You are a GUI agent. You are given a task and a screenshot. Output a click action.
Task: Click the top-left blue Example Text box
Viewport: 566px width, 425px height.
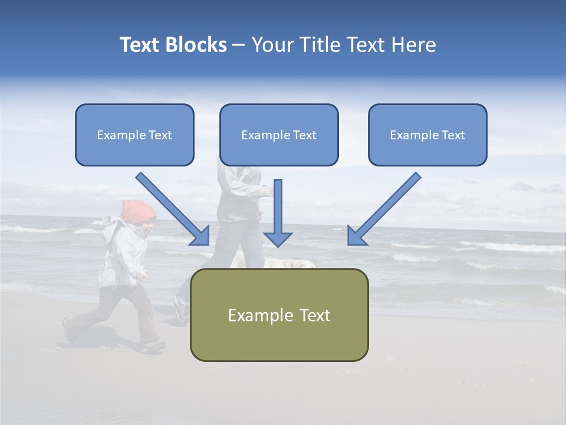(134, 135)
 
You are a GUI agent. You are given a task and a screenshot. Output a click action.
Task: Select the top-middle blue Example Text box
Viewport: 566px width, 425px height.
(279, 135)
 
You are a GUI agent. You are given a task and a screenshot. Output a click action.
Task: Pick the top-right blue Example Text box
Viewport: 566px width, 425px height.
(427, 135)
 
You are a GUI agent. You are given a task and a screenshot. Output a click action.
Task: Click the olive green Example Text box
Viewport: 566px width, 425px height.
(279, 315)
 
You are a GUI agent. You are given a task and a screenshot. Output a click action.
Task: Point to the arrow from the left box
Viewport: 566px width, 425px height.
(171, 207)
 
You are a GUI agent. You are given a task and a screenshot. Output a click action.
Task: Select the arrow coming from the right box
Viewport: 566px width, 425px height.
(386, 207)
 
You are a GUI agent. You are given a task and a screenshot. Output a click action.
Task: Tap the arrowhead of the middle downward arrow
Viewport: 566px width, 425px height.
(278, 238)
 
